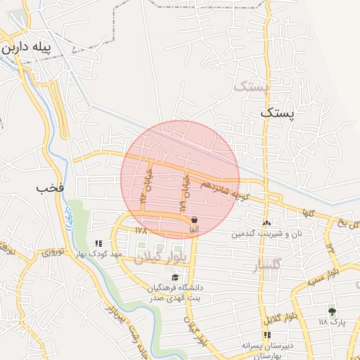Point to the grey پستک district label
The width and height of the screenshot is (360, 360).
250,87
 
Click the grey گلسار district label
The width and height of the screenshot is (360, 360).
264,265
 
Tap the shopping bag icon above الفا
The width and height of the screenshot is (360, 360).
193,219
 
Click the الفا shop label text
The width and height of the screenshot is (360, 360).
193,229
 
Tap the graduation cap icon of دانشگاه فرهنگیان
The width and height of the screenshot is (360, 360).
175,277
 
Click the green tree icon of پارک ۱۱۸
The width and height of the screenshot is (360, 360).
331,311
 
